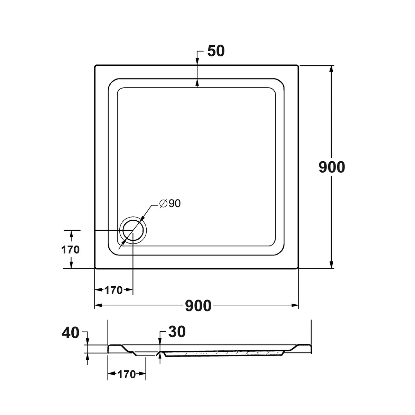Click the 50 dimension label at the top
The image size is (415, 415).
(x=216, y=51)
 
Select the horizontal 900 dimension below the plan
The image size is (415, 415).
(x=198, y=306)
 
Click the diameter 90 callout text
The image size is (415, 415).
(x=170, y=203)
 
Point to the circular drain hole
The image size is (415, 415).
(x=133, y=230)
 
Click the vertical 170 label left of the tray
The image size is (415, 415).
(x=71, y=250)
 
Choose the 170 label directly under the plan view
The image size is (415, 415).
(x=113, y=290)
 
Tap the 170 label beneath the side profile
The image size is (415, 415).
(x=127, y=375)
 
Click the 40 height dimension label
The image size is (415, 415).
(x=71, y=333)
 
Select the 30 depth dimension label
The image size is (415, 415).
(x=177, y=332)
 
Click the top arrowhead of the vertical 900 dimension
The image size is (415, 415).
(x=332, y=69)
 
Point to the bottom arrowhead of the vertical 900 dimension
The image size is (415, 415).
(x=332, y=265)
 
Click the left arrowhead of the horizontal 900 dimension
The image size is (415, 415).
(x=99, y=305)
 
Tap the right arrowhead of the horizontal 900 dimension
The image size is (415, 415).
(x=295, y=305)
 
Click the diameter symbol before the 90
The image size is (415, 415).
(x=164, y=204)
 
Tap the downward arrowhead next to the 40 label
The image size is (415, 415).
(x=87, y=341)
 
